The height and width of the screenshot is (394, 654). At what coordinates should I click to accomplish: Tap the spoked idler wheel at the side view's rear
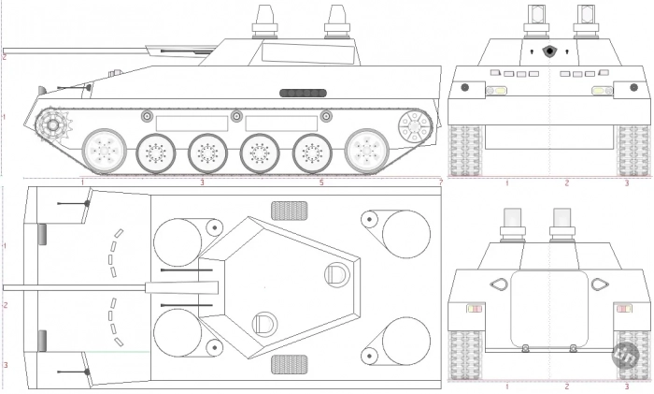413,124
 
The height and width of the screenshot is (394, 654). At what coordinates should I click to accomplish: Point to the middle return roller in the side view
236,116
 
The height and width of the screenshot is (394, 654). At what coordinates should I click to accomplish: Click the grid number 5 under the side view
321,182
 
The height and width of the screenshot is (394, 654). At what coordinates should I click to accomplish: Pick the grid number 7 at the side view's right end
440,182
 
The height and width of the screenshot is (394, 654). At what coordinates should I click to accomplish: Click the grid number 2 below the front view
566,183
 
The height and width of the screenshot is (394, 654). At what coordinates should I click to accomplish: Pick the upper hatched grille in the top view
290,210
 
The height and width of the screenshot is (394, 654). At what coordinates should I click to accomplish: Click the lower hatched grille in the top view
290,363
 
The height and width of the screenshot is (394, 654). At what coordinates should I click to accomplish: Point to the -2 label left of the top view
5,305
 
